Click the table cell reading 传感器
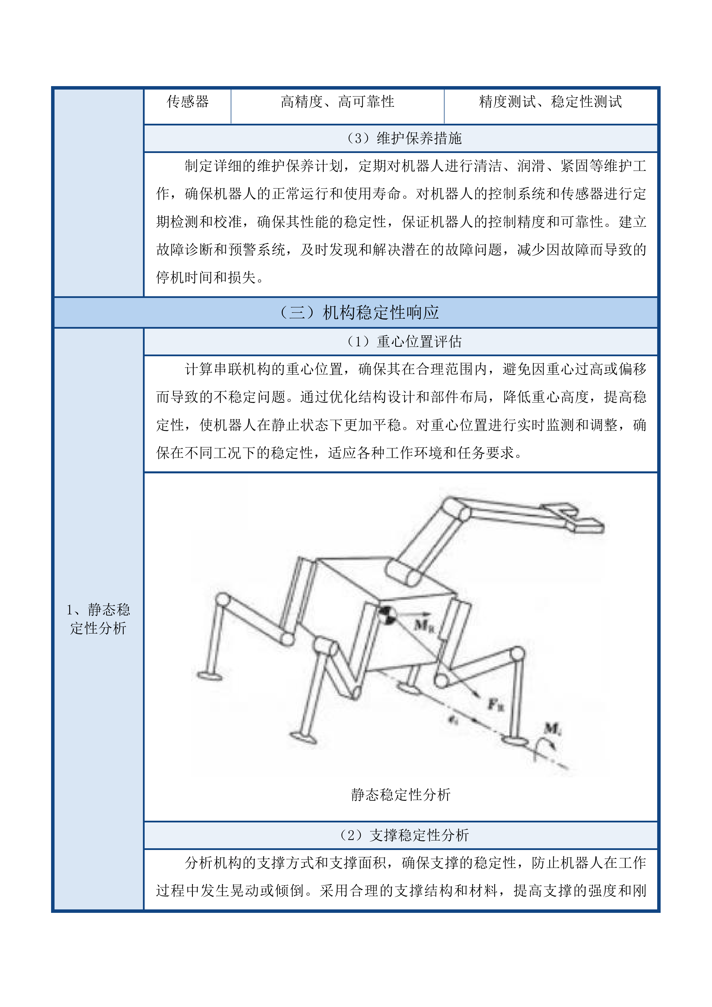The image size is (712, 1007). (188, 102)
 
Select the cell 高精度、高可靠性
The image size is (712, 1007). (337, 102)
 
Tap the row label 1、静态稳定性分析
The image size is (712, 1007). (98, 619)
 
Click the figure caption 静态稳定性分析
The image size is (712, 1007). (400, 795)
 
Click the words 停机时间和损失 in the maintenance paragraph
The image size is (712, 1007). (206, 278)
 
